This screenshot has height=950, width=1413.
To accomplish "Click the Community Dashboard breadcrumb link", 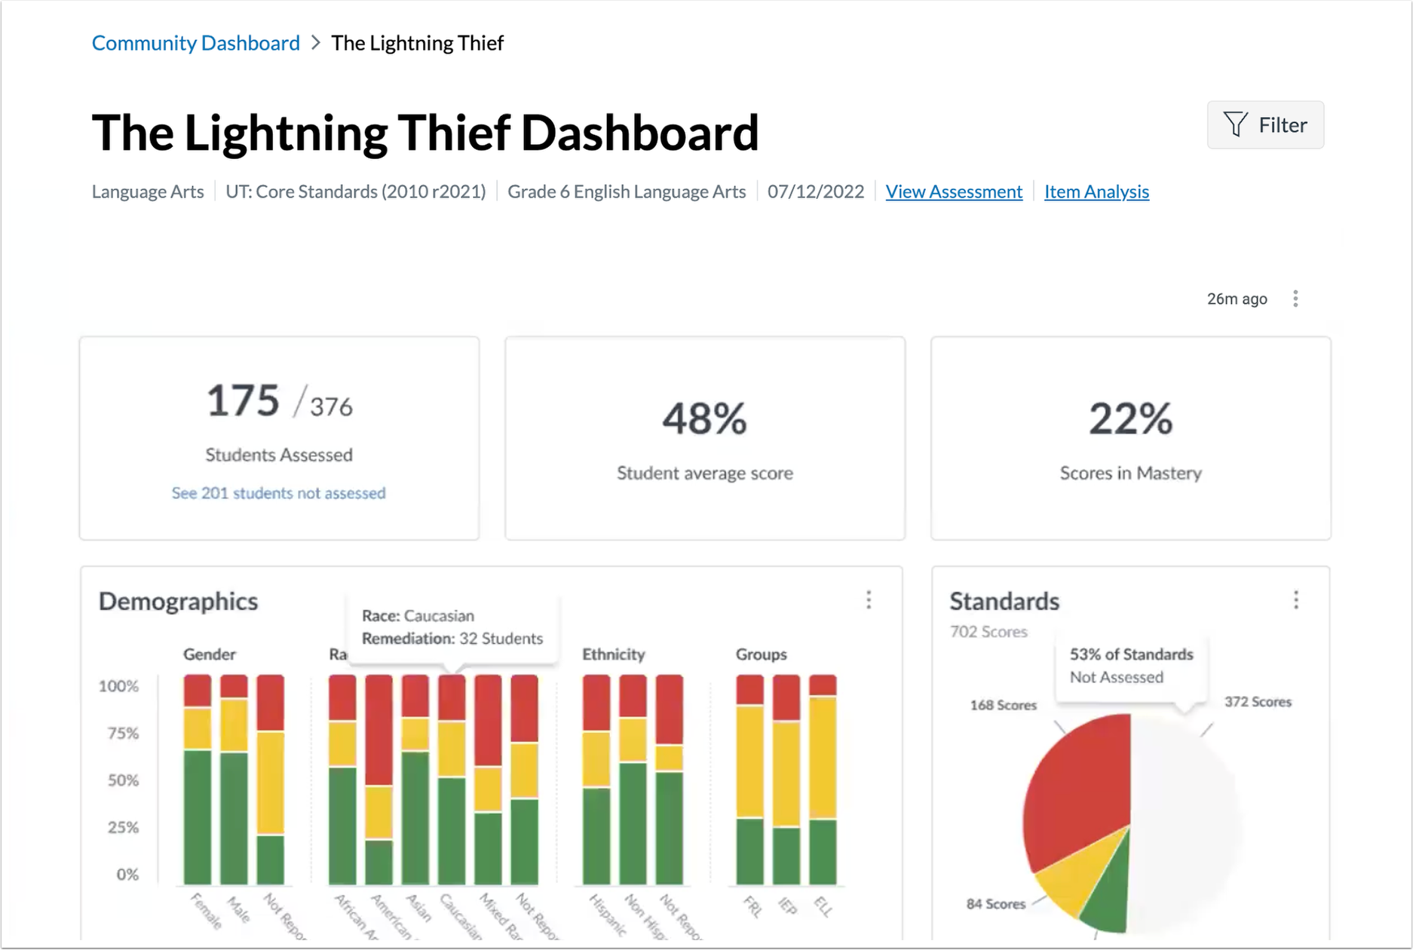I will [x=195, y=43].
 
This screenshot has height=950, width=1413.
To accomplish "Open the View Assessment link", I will [x=954, y=192].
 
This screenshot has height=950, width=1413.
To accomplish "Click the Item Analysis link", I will [x=1096, y=192].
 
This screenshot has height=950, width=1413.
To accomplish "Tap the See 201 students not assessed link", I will [x=278, y=493].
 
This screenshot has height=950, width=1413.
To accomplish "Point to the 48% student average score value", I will [x=704, y=419].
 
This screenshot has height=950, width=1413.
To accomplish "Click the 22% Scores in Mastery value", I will [x=1130, y=419].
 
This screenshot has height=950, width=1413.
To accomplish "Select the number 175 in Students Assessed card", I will [x=243, y=400].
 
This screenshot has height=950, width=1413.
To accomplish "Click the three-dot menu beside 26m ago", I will [x=1295, y=299].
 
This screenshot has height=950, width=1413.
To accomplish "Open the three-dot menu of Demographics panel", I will [x=869, y=600].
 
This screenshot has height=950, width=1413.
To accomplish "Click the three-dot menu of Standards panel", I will [x=1296, y=600].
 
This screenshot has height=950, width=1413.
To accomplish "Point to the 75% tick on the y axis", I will [x=123, y=734].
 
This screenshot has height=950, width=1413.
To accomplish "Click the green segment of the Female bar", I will [x=198, y=817].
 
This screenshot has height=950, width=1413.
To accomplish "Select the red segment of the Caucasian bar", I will [x=452, y=698].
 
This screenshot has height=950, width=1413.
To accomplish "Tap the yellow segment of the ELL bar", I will [x=823, y=757].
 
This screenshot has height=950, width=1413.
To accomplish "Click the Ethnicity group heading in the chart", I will [x=613, y=654].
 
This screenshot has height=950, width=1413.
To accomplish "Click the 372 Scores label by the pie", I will [x=1257, y=702].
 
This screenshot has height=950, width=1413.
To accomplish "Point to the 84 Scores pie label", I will [x=995, y=904].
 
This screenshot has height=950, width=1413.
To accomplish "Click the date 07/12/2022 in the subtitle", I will [x=815, y=192].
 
